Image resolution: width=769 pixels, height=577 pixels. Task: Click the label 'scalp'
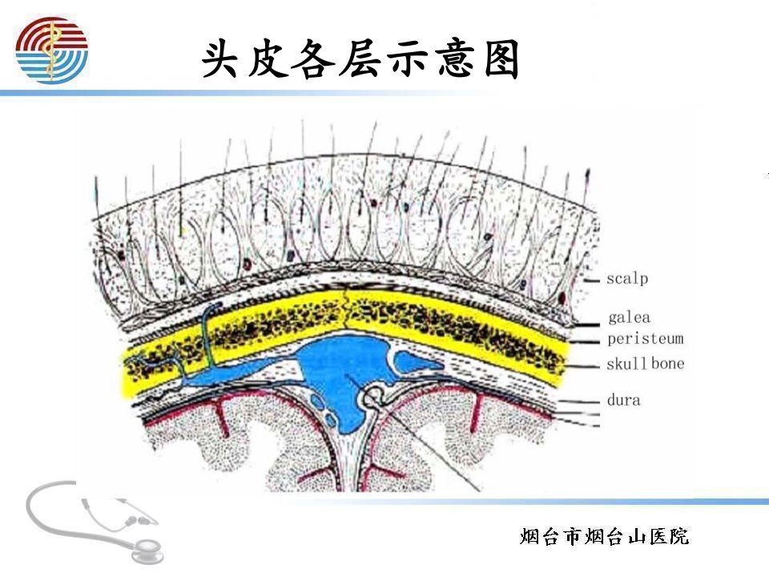(x=627, y=279)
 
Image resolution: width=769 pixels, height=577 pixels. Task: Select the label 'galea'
(x=630, y=317)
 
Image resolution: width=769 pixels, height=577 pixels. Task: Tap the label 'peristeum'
(x=646, y=339)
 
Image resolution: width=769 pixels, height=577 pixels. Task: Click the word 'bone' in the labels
(x=668, y=364)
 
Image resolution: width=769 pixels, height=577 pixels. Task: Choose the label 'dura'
(x=624, y=400)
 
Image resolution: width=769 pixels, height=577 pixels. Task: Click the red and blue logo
(x=51, y=50)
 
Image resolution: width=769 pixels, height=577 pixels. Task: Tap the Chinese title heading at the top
(x=360, y=59)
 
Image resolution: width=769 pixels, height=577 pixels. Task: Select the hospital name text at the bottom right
(x=604, y=536)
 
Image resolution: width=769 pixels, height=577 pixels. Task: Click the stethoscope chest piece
(x=146, y=551)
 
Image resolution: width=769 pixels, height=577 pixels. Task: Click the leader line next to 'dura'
(x=578, y=401)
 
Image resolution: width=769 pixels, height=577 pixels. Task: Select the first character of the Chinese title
(x=219, y=59)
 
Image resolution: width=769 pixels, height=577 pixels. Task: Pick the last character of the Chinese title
(x=501, y=59)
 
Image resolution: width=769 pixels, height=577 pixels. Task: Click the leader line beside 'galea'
(x=586, y=325)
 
